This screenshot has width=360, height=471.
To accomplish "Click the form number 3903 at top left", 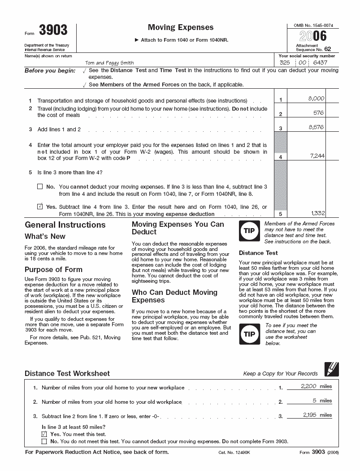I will click(x=53, y=30).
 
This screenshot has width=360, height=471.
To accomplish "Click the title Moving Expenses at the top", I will click(x=181, y=28).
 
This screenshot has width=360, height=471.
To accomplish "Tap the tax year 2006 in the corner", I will click(x=313, y=36).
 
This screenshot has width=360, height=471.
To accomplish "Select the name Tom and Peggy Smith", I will click(x=109, y=63).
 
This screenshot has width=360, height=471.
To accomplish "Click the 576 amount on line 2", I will click(x=318, y=113).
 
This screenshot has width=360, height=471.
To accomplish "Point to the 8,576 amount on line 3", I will click(x=316, y=127).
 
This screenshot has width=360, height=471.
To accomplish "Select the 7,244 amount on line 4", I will click(x=317, y=156).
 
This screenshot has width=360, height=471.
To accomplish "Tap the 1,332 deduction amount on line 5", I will click(x=317, y=213).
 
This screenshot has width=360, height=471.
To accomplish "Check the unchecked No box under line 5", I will click(x=40, y=186).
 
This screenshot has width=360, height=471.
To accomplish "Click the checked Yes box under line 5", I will click(x=40, y=207).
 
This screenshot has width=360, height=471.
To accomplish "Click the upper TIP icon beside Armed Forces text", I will click(x=248, y=231).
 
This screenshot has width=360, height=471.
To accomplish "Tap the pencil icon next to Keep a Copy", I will click(x=331, y=369).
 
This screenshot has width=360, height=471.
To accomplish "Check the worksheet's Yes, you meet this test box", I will click(x=44, y=434).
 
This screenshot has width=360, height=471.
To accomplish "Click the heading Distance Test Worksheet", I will click(x=67, y=373).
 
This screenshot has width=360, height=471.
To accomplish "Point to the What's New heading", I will click(x=45, y=236).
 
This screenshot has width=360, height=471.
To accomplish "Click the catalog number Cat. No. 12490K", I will click(x=234, y=453).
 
